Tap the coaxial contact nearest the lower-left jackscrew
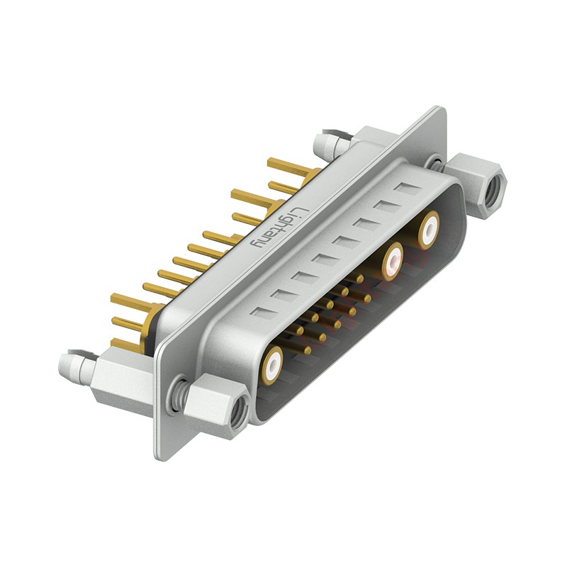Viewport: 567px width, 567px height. point(274,364)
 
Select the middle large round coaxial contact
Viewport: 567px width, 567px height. point(392,262)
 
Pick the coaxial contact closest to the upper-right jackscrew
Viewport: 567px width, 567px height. point(429,231)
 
